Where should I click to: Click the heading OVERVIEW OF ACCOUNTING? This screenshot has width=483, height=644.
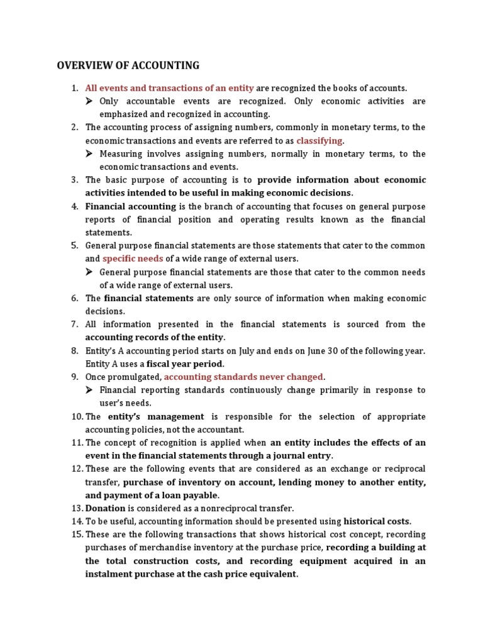click(x=128, y=65)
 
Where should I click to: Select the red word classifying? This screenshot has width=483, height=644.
click(x=319, y=140)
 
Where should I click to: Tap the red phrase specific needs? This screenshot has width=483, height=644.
click(x=133, y=258)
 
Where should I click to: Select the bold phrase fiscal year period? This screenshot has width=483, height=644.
click(x=185, y=364)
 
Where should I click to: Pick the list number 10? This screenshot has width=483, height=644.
click(x=75, y=416)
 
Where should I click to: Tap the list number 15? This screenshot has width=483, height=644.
click(x=75, y=535)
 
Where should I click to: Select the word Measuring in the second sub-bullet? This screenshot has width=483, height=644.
click(x=121, y=153)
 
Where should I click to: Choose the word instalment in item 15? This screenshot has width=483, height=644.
click(x=107, y=574)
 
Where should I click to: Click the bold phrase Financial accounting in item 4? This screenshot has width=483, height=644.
click(x=130, y=206)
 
